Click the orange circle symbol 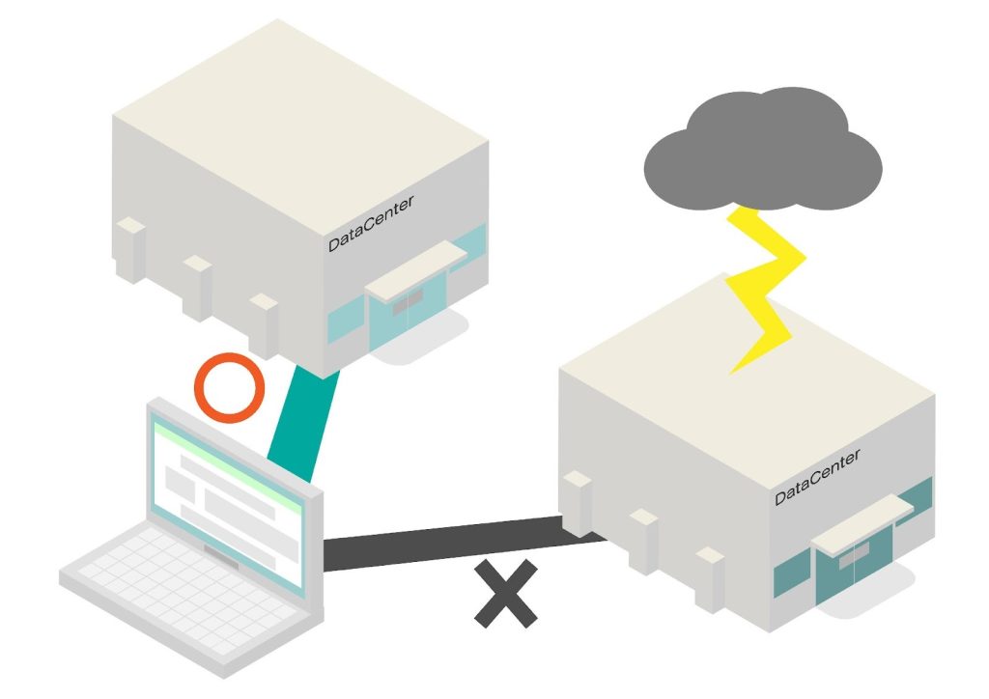[229, 387]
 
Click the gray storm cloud [763, 151]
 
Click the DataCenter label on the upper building [371, 223]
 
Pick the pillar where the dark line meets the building [578, 502]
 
